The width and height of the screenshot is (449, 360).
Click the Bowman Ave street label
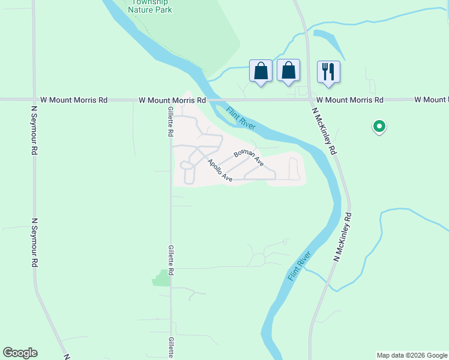pos(249,155)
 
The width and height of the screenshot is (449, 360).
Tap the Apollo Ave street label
pos(220,170)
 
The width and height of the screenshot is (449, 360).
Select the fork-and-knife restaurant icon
pos(328,71)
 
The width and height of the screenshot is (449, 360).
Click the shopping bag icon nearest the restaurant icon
pos(289,71)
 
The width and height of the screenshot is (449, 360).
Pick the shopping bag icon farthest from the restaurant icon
pos(261,71)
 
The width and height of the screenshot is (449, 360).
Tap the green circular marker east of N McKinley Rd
pos(379,126)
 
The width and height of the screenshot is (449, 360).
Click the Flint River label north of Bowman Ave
pos(242,118)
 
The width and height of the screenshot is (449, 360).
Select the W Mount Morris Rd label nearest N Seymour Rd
pos(74,100)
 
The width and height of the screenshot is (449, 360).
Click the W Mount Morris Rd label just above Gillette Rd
pos(172,100)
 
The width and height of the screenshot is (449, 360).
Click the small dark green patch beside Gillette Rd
pos(161,278)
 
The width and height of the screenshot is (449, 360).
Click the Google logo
pos(20,353)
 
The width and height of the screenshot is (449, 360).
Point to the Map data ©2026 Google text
pos(412,355)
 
